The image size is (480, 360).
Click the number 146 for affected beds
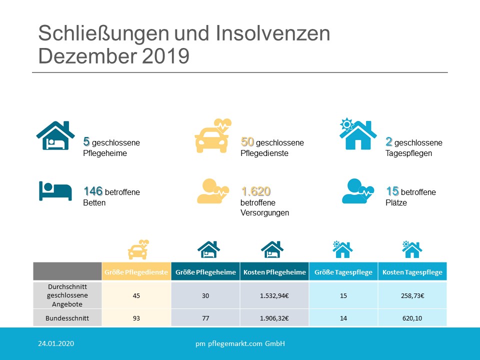coord(93,191)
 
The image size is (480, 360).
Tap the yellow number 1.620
coord(255,191)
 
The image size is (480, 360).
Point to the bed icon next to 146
coord(55,190)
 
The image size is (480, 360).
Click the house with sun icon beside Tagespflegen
coord(358,135)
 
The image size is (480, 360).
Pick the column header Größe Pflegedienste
coord(136,272)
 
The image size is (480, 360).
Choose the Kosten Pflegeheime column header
coord(274,272)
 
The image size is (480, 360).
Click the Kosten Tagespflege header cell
coord(412,272)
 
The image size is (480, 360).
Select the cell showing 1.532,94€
coord(274,295)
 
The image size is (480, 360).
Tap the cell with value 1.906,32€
coord(274,317)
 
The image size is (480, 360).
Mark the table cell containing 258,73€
coord(412,295)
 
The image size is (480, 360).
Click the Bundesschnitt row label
coord(67,317)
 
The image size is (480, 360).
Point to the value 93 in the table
coord(136,317)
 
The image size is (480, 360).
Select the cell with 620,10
coord(412,317)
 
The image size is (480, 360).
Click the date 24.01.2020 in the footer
coord(56,343)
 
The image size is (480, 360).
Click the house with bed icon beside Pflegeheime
coord(55,135)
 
